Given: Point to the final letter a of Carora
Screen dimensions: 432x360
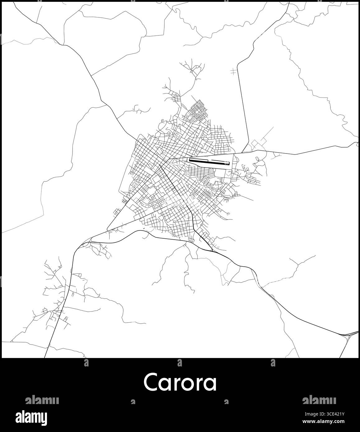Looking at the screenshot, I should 211,385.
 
